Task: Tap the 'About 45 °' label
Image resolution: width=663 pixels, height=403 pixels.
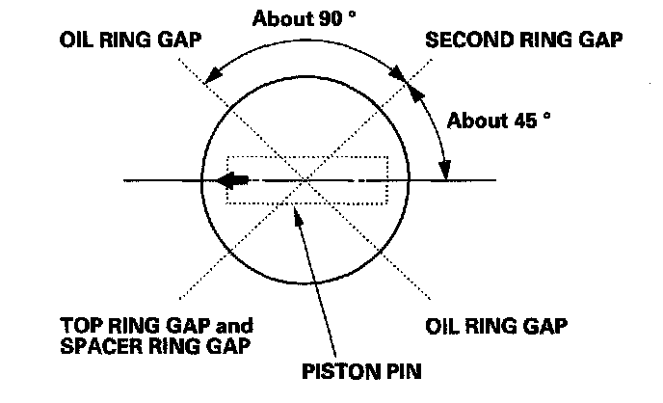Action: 500,121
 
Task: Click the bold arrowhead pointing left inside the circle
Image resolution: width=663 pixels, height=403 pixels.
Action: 227,180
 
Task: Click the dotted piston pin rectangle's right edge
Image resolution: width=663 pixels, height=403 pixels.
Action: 386,180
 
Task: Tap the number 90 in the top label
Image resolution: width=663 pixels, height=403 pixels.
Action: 331,18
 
